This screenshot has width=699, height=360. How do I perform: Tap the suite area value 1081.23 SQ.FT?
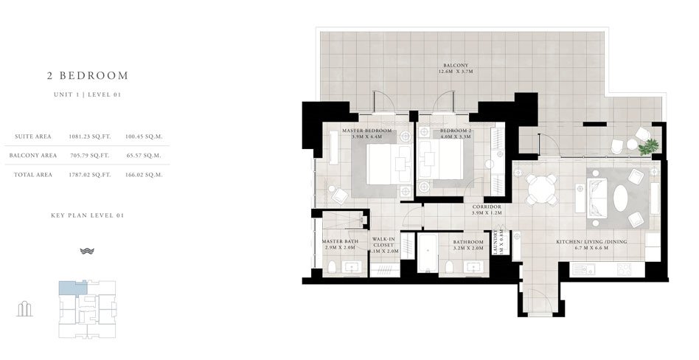coord(89,136)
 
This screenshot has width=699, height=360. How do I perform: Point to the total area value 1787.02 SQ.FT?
coord(89,175)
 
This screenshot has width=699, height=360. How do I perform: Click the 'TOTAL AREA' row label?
coord(34,175)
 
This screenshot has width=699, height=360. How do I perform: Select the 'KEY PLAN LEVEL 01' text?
coord(87,215)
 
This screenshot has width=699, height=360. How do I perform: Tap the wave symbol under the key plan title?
coord(87,251)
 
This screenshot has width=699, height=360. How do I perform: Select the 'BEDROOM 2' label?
coord(435,130)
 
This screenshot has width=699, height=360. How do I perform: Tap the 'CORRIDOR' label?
coord(487,207)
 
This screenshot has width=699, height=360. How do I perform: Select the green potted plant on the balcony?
coord(649,148)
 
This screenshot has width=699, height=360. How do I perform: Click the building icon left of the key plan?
coord(25,308)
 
